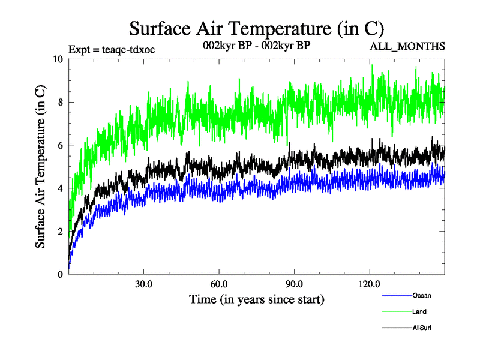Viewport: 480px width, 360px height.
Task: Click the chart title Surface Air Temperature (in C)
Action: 256,28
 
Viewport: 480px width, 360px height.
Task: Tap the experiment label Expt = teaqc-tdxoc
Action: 112,49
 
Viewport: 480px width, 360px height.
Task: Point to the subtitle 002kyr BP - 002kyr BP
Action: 256,46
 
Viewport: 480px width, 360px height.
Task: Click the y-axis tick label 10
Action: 58,59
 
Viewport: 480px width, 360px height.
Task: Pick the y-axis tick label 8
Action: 60,102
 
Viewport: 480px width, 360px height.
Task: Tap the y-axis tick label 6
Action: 60,145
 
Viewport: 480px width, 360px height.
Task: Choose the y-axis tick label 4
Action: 60,188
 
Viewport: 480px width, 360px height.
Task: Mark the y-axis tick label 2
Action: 60,232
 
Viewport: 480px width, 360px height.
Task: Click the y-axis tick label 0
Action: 60,275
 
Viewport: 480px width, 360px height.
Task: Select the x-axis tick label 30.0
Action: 143,284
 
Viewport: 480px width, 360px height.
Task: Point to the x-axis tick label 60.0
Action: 219,284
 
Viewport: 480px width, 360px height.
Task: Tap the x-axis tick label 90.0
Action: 294,284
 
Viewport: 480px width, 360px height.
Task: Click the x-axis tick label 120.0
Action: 369,284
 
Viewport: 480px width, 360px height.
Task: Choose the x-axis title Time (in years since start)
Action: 256,299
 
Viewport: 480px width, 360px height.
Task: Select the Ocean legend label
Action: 421,295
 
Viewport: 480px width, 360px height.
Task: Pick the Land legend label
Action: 420,311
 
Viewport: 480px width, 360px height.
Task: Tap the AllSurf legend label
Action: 422,328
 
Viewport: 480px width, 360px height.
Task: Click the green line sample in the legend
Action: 396,311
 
